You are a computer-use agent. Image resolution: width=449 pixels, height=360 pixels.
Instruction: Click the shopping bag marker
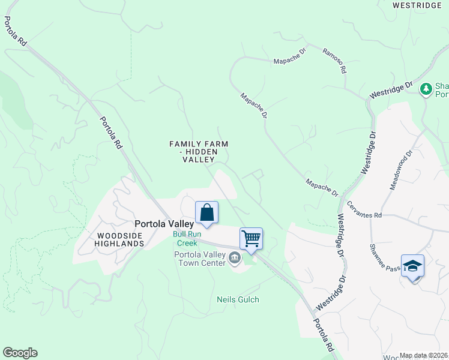click(x=206, y=213)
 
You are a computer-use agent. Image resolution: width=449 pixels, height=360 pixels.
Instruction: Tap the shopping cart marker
click(x=251, y=238)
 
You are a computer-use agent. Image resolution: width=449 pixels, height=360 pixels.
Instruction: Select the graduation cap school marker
click(x=412, y=265)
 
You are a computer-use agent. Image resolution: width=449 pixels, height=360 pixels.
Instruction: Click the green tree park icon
click(x=426, y=89)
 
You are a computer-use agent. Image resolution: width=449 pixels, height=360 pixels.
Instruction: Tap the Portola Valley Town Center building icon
click(x=234, y=259)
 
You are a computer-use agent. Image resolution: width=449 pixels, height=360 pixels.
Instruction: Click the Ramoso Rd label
click(x=334, y=61)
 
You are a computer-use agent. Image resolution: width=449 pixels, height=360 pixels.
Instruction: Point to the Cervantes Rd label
click(x=364, y=210)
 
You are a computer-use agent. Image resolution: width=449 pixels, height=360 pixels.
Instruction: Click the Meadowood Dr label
click(x=402, y=170)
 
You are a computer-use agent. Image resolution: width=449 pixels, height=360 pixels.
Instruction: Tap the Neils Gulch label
click(x=238, y=299)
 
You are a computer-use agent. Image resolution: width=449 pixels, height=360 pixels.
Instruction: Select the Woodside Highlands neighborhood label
click(x=119, y=239)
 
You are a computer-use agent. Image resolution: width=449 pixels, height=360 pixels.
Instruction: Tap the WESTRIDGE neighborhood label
click(x=416, y=5)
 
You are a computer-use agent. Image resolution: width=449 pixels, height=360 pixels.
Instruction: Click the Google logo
click(x=20, y=353)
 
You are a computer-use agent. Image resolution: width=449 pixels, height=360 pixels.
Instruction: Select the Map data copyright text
click(x=424, y=355)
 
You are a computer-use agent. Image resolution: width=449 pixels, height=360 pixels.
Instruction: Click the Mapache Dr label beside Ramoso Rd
click(x=290, y=61)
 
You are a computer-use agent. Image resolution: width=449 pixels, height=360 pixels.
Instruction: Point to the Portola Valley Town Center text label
click(x=199, y=259)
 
